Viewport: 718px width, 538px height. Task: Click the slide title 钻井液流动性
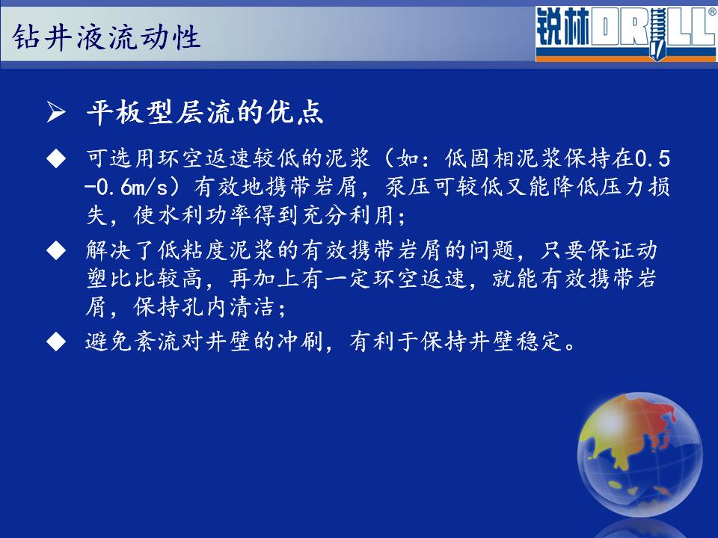click(x=105, y=37)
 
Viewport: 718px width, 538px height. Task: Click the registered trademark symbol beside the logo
click(x=713, y=13)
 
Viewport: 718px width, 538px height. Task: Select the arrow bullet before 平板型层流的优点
click(x=56, y=113)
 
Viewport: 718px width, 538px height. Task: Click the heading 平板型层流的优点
click(x=205, y=112)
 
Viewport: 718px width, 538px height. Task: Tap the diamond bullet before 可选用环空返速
click(x=56, y=158)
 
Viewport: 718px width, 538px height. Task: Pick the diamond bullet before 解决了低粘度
click(x=56, y=250)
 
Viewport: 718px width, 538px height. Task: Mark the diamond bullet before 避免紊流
click(x=56, y=341)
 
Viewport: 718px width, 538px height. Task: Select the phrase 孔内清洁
click(x=229, y=306)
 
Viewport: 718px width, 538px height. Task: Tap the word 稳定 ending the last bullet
click(x=539, y=341)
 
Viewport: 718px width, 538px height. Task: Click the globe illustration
click(x=639, y=455)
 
